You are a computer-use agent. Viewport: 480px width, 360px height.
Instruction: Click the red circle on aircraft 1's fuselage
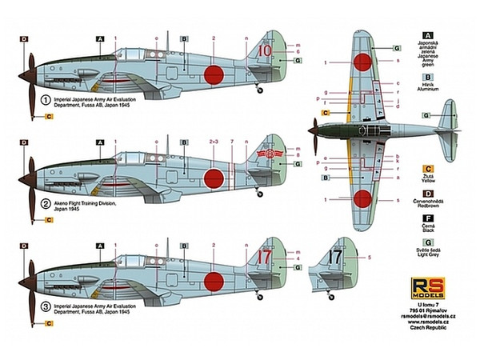pos(213,76)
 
